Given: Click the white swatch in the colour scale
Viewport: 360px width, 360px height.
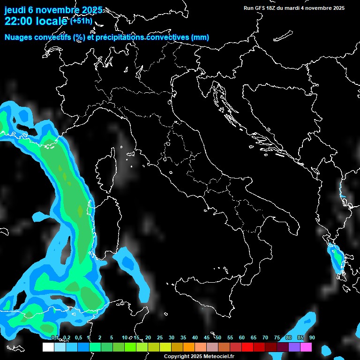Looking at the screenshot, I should [48, 347].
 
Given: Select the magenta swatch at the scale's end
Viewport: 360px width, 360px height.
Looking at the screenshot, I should [306, 347].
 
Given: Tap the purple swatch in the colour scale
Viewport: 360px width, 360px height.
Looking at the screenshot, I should [294, 347].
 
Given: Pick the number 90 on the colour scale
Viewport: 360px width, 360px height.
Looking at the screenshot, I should [312, 338].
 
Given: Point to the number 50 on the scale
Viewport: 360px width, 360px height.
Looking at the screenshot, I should [218, 338].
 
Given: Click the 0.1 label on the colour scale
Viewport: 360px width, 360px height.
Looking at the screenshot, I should [55, 338].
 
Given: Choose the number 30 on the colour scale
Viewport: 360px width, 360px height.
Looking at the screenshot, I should [172, 338].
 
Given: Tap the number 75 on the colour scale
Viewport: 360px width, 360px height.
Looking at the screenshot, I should [277, 338].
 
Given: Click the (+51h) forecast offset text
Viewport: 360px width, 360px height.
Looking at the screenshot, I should [82, 21].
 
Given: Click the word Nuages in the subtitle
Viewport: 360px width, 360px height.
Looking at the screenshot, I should [17, 37].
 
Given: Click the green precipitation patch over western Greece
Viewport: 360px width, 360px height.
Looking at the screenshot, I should [337, 257].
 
